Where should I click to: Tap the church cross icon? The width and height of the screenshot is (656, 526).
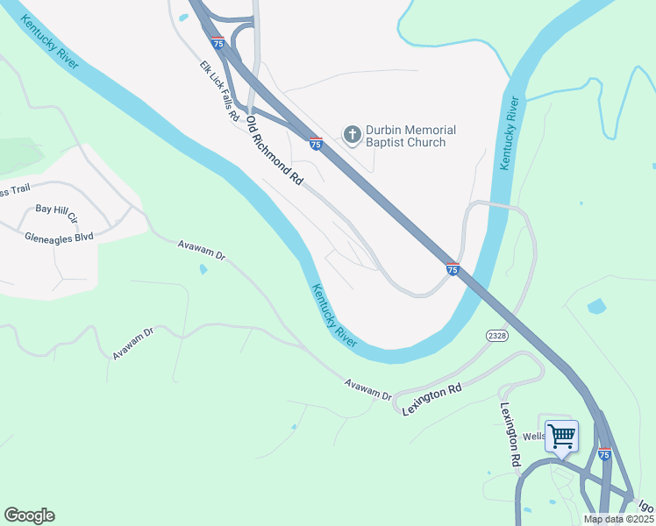(x=352, y=134)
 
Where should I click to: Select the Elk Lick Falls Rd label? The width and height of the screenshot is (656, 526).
(x=219, y=91)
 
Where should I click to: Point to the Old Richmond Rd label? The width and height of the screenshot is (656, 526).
(x=275, y=150)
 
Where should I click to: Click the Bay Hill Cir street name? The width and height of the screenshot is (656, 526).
(x=57, y=212)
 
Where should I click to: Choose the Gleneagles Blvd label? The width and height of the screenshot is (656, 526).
(x=60, y=238)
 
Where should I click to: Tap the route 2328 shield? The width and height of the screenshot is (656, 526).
(x=496, y=336)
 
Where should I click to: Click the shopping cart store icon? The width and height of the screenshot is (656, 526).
(x=561, y=435)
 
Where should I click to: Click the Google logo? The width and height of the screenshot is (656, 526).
(x=29, y=515)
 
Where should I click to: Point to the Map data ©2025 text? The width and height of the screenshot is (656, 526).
(x=617, y=519)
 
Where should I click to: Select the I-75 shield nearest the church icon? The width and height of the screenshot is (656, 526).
(x=316, y=143)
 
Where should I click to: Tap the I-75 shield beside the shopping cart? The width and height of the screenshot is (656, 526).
(x=604, y=454)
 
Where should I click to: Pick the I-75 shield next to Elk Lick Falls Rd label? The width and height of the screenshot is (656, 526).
(x=217, y=42)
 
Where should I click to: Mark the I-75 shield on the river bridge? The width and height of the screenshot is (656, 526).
(x=453, y=269)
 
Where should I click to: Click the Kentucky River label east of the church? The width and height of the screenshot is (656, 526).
(x=507, y=132)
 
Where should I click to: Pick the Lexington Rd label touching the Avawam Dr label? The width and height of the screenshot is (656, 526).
(x=431, y=399)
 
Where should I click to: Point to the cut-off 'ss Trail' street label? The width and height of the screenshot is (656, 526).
(x=16, y=192)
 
